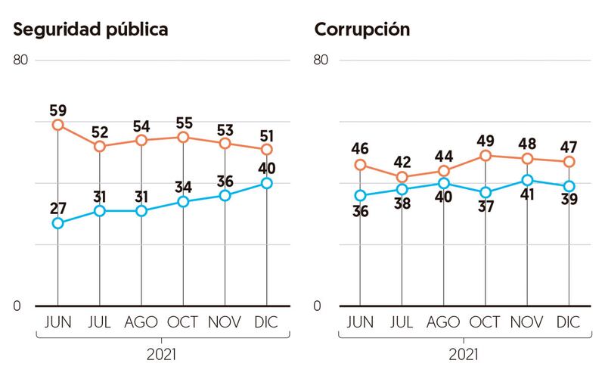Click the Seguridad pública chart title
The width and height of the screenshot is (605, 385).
[x=91, y=30]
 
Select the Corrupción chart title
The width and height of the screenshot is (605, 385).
[x=362, y=30]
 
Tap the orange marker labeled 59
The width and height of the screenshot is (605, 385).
[x=57, y=125]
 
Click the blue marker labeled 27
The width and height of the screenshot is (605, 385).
[x=57, y=223]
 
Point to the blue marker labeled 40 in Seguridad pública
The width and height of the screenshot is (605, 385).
[x=265, y=183]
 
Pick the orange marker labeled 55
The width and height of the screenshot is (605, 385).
[x=182, y=137]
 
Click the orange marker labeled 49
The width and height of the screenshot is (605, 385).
[x=486, y=156]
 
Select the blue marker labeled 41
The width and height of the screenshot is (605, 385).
[x=527, y=180]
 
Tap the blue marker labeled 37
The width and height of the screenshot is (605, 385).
[x=486, y=193]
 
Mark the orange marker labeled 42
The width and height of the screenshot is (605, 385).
[x=402, y=177]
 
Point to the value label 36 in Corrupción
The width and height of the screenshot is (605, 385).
[x=360, y=213]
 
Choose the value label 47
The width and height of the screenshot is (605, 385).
[x=569, y=145]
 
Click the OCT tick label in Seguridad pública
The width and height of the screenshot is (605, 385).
[x=182, y=322]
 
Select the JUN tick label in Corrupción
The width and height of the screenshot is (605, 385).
[x=361, y=322]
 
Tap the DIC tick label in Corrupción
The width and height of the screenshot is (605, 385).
[x=569, y=322]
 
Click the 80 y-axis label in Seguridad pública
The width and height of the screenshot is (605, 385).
[x=20, y=60]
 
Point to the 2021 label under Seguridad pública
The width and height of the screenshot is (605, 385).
[x=161, y=353]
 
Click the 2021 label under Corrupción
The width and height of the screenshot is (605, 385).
[x=464, y=353]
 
